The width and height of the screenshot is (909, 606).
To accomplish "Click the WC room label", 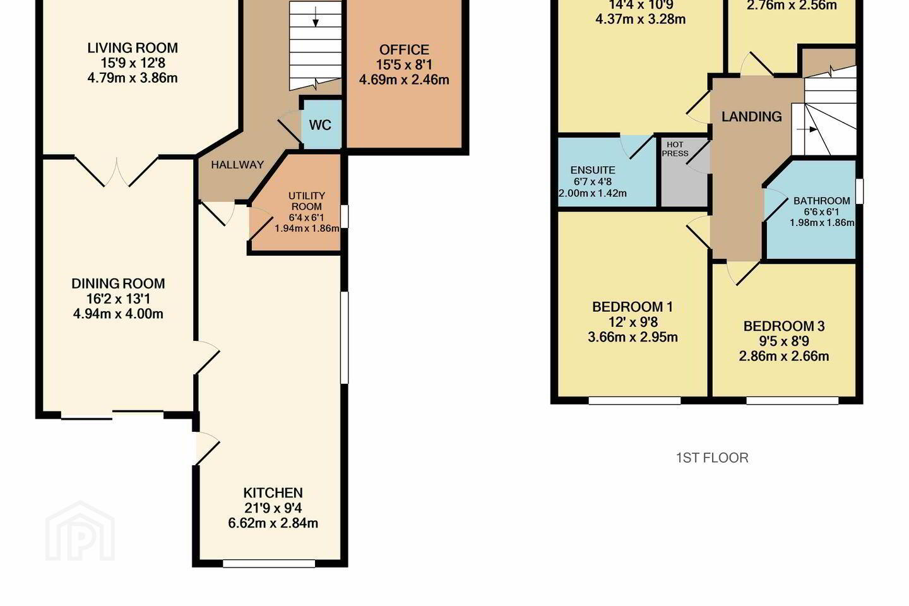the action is coord(320,125).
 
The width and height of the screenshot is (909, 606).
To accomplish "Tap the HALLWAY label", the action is coord(237,164).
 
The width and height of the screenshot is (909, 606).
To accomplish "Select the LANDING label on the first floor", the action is coord(752,117).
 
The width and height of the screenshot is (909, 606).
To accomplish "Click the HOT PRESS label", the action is coord(675,149).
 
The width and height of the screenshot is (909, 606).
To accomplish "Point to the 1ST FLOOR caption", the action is coord(712,458).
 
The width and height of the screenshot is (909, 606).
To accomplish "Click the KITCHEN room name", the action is coord(273,493).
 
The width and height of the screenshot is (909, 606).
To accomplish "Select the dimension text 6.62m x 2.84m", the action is coord(273,523).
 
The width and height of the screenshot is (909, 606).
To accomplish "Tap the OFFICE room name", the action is coord(404,49).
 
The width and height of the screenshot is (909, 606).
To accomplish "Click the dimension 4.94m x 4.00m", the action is coord(118,314).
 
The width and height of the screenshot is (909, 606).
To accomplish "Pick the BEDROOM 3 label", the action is coord(784,326).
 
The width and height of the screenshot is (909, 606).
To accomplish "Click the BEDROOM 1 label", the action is coord(633,307).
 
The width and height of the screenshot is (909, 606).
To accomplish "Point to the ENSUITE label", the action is coord(593,170).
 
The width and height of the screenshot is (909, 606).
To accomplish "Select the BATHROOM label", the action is coord(822,201).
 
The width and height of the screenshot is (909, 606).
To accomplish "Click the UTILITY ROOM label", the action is coord(306,201).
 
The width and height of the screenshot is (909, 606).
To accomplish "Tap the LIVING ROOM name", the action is coord(133,48).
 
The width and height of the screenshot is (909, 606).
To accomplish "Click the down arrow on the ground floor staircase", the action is coord(316,18).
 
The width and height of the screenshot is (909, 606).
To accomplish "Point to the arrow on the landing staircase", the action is coord(807,129).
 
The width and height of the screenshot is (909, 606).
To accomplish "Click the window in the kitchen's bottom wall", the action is coord(269,563).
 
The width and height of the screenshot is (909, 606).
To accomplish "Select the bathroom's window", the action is coord(859,191).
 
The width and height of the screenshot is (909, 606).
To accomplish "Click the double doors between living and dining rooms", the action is coord(117,172).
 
